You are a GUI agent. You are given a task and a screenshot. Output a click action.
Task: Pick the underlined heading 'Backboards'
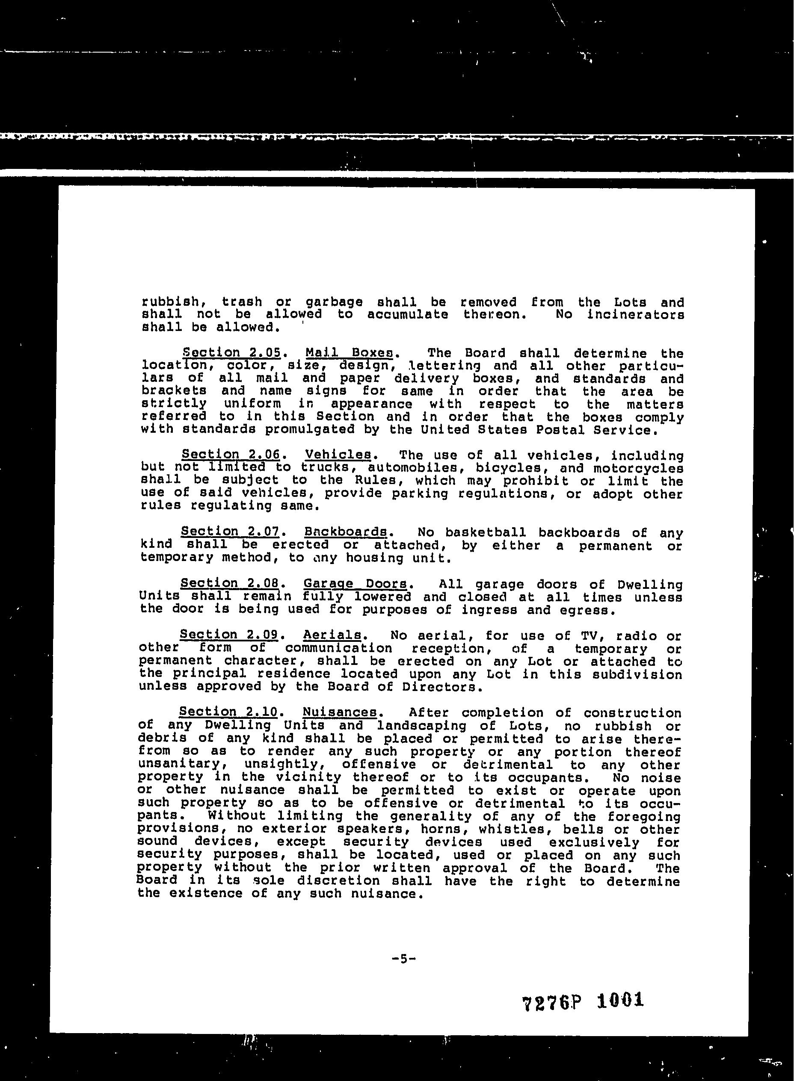(x=346, y=532)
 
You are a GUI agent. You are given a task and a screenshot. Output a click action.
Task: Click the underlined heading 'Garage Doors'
(x=356, y=584)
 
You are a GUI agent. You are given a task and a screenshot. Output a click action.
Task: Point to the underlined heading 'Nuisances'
(x=340, y=712)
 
